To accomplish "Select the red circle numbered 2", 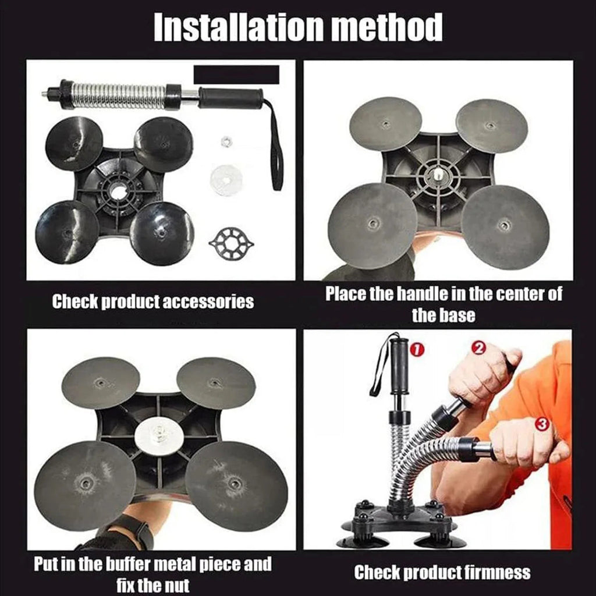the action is [x=480, y=348].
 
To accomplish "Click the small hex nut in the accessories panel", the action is [x=226, y=141].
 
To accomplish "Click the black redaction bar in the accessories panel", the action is [x=236, y=74].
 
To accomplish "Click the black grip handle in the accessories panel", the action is [x=230, y=98].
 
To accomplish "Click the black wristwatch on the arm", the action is [x=137, y=530].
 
